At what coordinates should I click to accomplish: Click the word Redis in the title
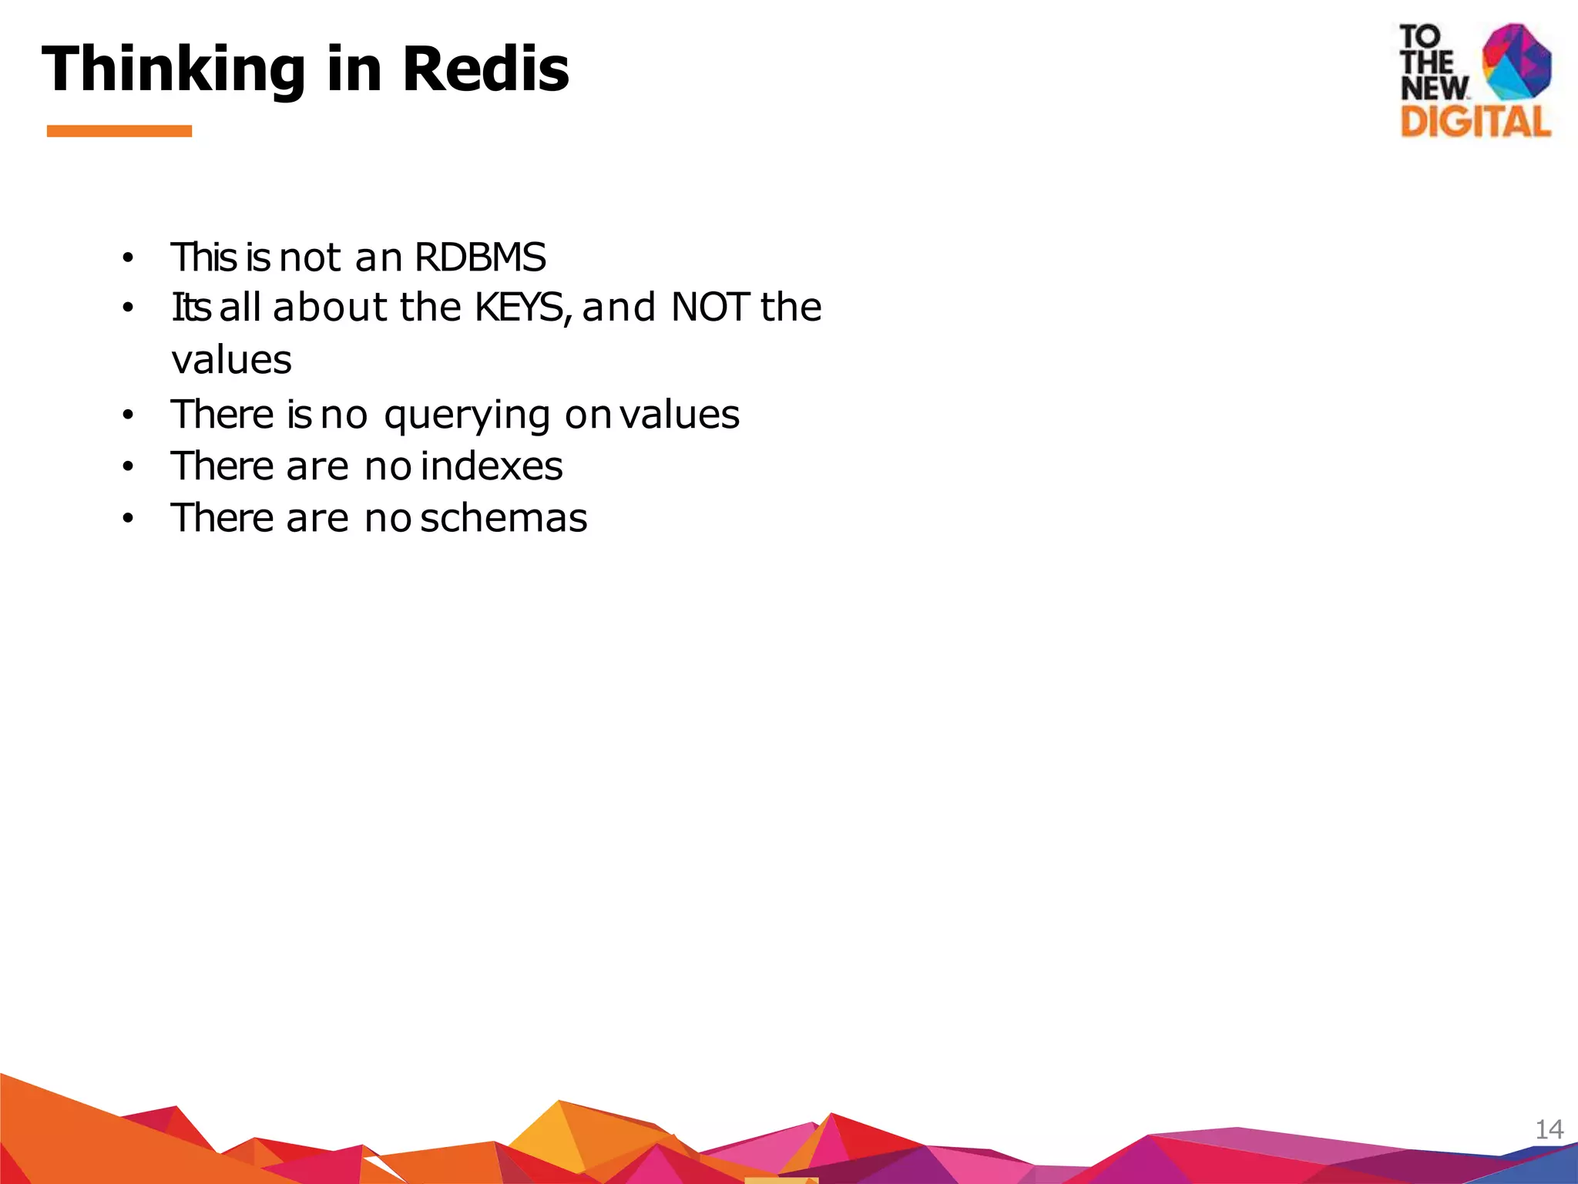485,69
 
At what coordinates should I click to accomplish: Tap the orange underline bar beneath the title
119,131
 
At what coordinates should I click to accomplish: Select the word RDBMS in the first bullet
480,257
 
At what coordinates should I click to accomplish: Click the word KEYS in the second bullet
521,308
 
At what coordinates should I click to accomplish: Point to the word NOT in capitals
710,308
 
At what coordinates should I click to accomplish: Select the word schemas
504,518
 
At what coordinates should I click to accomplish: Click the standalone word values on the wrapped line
231,360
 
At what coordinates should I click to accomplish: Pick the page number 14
1549,1129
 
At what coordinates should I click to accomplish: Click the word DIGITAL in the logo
1475,122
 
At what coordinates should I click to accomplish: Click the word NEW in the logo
1434,88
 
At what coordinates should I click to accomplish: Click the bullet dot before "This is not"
128,258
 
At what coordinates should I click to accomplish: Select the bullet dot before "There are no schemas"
128,519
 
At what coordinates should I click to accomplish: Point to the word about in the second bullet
330,308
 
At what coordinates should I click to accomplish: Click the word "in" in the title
354,69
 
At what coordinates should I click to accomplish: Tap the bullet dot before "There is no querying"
128,415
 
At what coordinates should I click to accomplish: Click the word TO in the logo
1419,36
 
